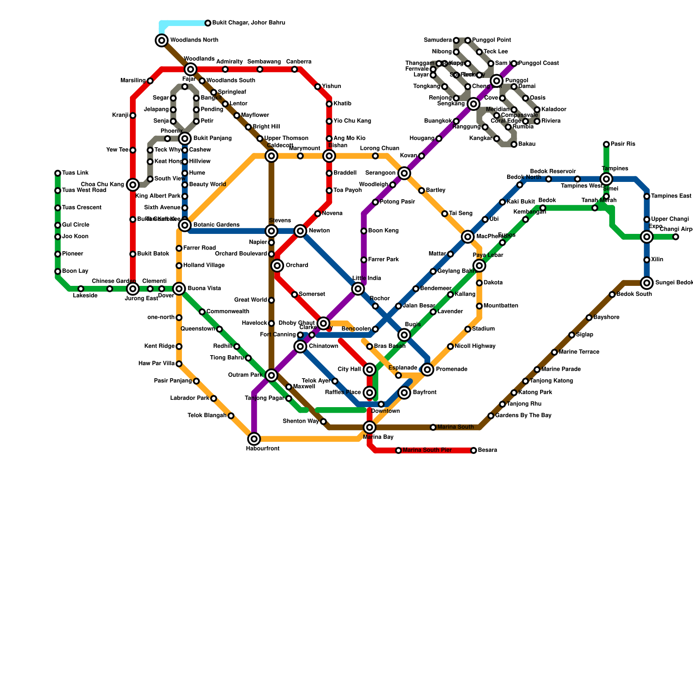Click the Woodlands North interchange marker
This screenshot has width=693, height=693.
(162, 40)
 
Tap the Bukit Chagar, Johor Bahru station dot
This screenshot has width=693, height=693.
(208, 23)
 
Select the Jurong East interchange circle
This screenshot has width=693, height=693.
(133, 289)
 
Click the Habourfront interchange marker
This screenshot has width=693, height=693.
(254, 439)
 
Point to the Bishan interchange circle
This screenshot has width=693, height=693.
(329, 156)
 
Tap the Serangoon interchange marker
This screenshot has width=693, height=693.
(404, 173)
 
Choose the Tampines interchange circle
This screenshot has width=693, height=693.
(606, 179)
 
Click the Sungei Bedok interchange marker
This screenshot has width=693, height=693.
(647, 283)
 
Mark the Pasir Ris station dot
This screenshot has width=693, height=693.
(606, 144)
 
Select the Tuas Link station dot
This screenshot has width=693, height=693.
(58, 173)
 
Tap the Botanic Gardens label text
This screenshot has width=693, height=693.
(216, 225)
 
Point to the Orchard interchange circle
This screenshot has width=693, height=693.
(277, 266)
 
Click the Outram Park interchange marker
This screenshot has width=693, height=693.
(272, 375)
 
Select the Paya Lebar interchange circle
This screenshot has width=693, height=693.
(479, 266)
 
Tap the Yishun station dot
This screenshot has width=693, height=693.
(317, 87)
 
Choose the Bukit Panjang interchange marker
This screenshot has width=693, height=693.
(185, 139)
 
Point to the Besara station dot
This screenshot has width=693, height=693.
(474, 450)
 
